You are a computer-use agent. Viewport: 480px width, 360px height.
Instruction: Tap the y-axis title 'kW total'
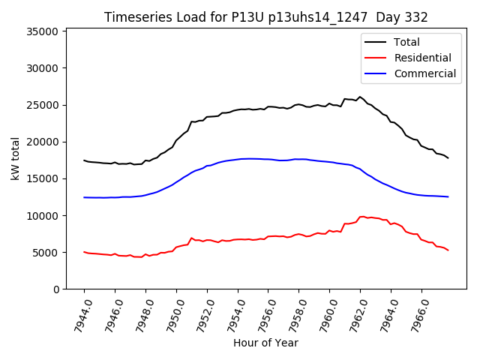[15, 159]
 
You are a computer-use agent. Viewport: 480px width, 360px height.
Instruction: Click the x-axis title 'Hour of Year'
[265, 343]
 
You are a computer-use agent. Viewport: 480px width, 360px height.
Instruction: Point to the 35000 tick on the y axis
[43, 31]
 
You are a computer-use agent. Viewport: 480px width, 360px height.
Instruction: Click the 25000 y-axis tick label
[43, 105]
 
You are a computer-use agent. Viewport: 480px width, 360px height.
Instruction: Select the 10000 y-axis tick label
[43, 216]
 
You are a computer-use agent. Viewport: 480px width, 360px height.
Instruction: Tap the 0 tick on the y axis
[56, 289]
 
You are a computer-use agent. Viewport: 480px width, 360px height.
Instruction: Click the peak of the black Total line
[360, 97]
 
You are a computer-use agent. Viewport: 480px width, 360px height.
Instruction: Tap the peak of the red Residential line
[361, 217]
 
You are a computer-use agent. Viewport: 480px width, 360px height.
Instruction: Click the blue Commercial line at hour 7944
[84, 197]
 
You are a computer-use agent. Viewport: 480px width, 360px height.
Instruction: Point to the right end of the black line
[448, 158]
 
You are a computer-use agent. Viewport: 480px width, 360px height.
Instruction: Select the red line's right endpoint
[448, 250]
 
